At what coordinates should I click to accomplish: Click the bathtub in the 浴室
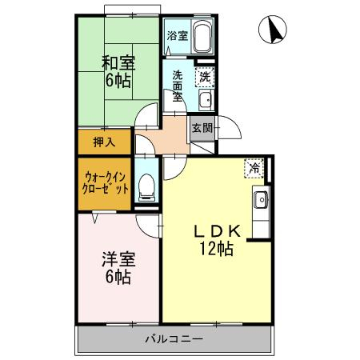202,37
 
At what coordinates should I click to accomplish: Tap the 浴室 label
178,36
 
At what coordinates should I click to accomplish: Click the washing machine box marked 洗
205,77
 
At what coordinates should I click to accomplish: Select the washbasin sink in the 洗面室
206,100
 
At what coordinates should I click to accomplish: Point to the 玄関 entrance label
202,128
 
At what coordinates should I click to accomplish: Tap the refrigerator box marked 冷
254,168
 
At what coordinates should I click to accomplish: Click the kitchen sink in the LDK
261,200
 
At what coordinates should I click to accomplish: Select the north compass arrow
274,30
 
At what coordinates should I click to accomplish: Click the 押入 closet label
104,142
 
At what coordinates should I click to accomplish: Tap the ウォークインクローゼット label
106,183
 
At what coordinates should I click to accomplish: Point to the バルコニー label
174,339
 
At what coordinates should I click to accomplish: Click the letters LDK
217,231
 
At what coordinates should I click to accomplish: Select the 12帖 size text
217,249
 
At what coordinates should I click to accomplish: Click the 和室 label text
118,63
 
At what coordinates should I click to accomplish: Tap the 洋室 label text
118,259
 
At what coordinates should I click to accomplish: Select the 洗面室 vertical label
178,86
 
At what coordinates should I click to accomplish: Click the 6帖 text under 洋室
118,278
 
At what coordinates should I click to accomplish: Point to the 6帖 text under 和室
118,81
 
